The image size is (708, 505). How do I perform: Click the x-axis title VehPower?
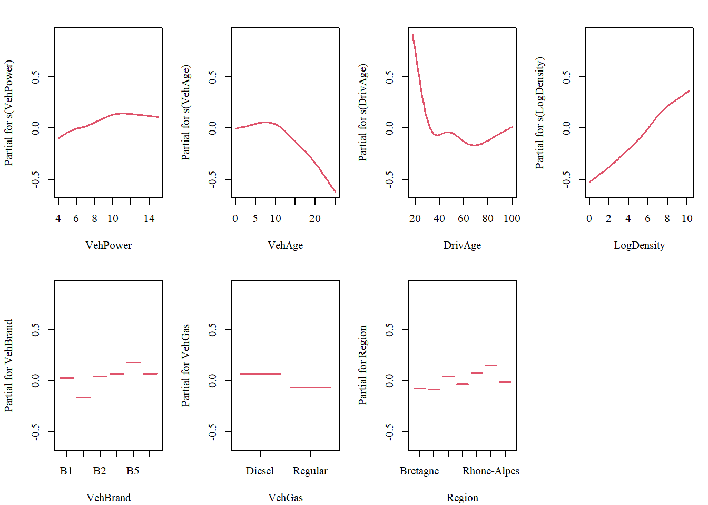pyautogui.click(x=109, y=245)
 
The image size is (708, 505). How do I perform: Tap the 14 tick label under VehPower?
pyautogui.click(x=149, y=218)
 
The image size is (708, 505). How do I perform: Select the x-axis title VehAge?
pyautogui.click(x=285, y=245)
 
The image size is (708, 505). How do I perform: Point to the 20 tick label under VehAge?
pyautogui.click(x=314, y=218)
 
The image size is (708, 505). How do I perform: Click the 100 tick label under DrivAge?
pyautogui.click(x=512, y=218)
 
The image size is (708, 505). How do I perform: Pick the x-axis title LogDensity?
pyautogui.click(x=639, y=245)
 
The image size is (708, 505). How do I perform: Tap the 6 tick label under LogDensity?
pyautogui.click(x=647, y=218)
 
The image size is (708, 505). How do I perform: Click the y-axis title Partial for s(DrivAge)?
pyautogui.click(x=362, y=113)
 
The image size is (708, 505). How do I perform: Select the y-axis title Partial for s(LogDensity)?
pyautogui.click(x=539, y=113)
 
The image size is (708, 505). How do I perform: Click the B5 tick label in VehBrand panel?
pyautogui.click(x=133, y=471)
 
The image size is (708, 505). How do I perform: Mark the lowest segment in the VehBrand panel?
pyautogui.click(x=84, y=397)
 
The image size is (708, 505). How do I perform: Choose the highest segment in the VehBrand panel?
pyautogui.click(x=133, y=362)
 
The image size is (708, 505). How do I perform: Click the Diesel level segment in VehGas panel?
pyautogui.click(x=260, y=373)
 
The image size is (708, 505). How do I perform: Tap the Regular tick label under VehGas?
pyautogui.click(x=310, y=471)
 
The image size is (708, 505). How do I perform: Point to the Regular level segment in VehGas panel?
pyautogui.click(x=310, y=387)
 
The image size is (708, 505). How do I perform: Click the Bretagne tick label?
pyautogui.click(x=419, y=471)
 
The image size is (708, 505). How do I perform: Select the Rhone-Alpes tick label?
pyautogui.click(x=490, y=471)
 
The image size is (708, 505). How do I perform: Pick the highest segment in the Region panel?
pyautogui.click(x=491, y=365)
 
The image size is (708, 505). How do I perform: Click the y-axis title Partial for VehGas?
pyautogui.click(x=185, y=365)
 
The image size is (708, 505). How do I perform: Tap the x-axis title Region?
pyautogui.click(x=462, y=498)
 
